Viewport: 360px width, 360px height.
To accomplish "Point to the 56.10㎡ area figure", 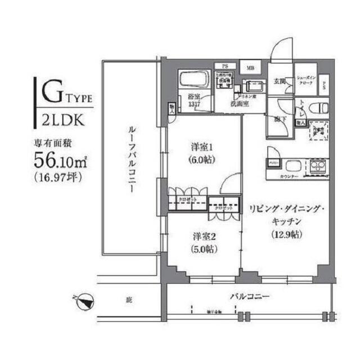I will pos(60,160).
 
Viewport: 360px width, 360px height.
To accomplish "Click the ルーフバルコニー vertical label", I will pos(129,160).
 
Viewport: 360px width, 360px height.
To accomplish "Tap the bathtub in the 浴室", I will pos(193,80).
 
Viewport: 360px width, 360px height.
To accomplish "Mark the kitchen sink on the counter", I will pos(292,166).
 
